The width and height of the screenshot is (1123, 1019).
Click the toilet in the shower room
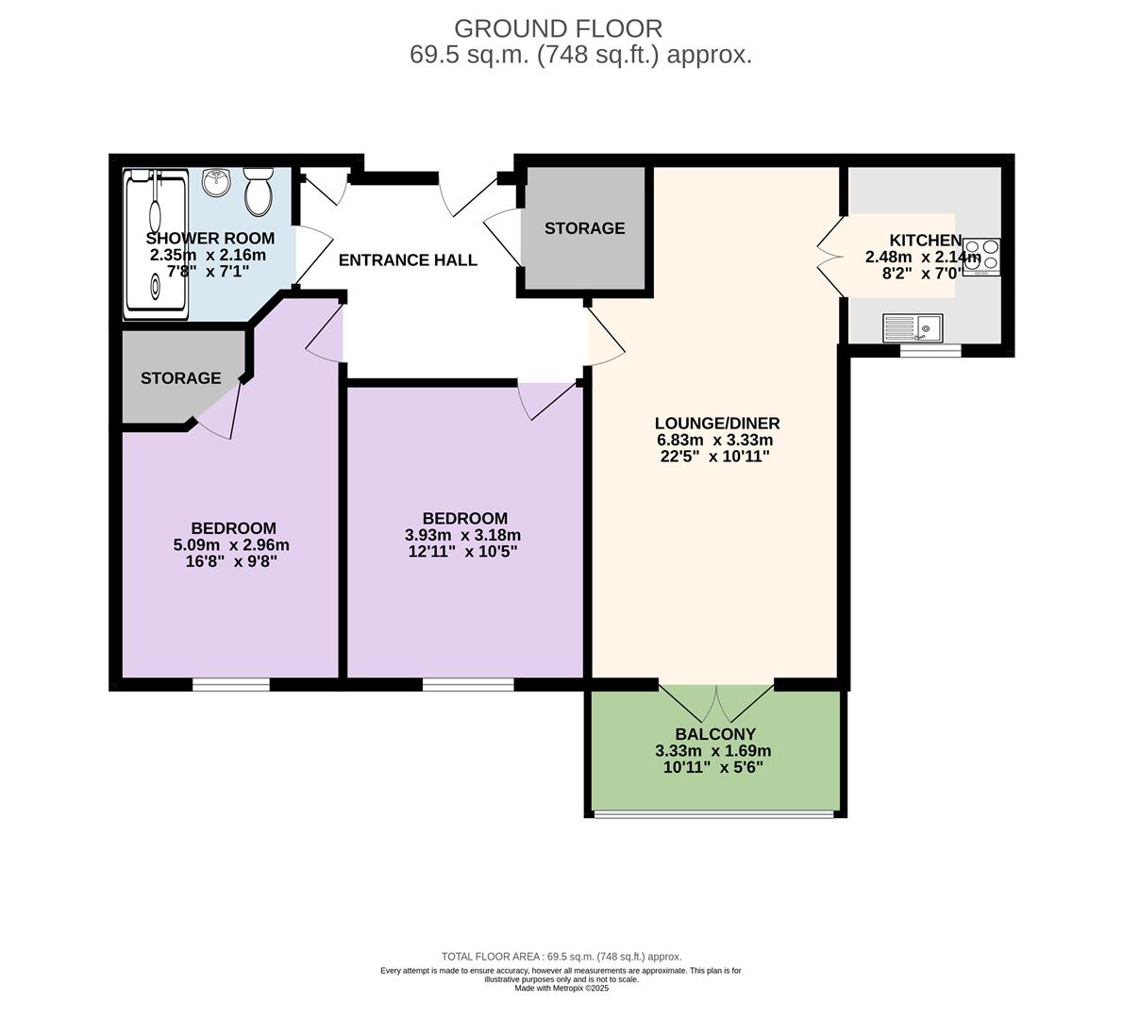click(x=259, y=192)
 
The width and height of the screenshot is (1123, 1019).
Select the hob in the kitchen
click(x=981, y=257)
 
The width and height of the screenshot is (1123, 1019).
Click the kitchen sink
click(x=913, y=328)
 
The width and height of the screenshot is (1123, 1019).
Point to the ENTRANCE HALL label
click(x=408, y=260)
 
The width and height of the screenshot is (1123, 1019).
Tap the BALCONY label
click(x=715, y=734)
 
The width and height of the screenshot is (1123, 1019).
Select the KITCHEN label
click(x=926, y=241)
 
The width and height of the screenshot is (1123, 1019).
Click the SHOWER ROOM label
click(x=210, y=239)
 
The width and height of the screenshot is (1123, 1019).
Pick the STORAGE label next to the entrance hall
click(x=584, y=228)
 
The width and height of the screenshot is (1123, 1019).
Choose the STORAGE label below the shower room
click(x=180, y=378)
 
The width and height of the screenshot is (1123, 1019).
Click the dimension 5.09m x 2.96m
click(x=231, y=545)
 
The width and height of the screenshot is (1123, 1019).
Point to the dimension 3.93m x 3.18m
click(x=462, y=536)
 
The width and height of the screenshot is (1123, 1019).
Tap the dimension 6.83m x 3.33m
click(x=714, y=441)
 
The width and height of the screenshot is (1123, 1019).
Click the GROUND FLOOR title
click(x=558, y=28)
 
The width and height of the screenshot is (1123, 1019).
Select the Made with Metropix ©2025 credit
click(x=561, y=988)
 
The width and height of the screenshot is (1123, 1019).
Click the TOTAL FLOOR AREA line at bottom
click(x=561, y=957)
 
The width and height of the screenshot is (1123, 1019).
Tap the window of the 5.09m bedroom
click(x=230, y=685)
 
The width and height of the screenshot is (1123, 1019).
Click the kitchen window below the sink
click(x=930, y=350)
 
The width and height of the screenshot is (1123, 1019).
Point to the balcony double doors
click(x=716, y=703)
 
